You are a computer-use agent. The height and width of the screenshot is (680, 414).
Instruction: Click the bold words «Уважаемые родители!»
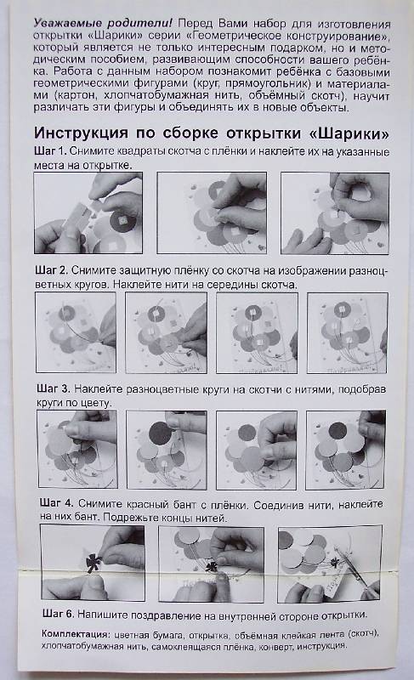pyautogui.click(x=103, y=23)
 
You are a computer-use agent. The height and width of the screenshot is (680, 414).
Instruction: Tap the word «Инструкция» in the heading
pyautogui.click(x=81, y=133)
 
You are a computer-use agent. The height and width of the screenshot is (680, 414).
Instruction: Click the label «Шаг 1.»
pyautogui.click(x=50, y=151)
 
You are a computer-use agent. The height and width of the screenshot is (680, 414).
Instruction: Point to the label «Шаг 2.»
pyautogui.click(x=52, y=270)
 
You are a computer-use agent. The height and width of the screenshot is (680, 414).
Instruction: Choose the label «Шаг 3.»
pyautogui.click(x=54, y=388)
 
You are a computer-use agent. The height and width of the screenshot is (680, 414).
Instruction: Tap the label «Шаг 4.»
pyautogui.click(x=56, y=503)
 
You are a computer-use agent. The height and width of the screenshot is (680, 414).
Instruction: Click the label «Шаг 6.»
pyautogui.click(x=59, y=614)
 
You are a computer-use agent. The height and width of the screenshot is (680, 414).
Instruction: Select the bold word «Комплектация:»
pyautogui.click(x=75, y=633)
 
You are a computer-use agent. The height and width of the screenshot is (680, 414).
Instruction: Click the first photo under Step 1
pyautogui.click(x=88, y=213)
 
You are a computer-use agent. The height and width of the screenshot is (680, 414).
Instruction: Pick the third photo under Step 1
pyautogui.click(x=335, y=213)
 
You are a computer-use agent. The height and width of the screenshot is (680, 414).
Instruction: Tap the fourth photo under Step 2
pyautogui.click(x=348, y=332)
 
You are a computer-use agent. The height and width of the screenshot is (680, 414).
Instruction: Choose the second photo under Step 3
pyautogui.click(x=167, y=450)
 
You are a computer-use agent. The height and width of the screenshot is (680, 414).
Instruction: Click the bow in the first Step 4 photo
pyautogui.click(x=93, y=563)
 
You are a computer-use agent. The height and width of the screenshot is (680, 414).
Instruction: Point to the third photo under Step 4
pyautogui.click(x=330, y=564)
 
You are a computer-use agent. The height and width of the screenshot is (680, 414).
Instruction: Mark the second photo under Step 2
pyautogui.click(x=166, y=332)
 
